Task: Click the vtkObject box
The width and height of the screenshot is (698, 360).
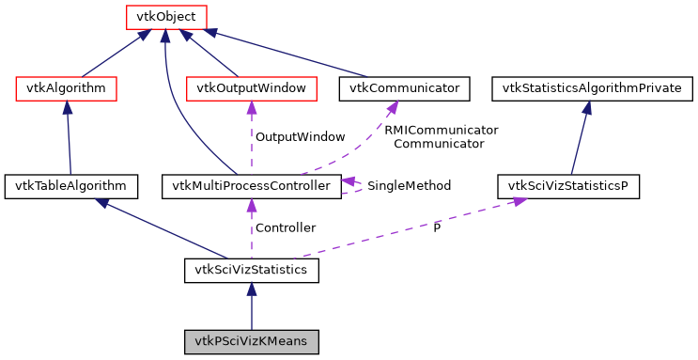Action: (x=165, y=16)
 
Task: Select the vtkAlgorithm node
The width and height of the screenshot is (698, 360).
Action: (x=67, y=88)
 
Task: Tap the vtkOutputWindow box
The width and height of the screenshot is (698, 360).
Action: (x=251, y=88)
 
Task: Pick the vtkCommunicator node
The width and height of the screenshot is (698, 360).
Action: (x=405, y=88)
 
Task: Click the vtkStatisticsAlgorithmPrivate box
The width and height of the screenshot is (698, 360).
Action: (x=593, y=88)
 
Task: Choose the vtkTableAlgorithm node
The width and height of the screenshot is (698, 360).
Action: (x=71, y=185)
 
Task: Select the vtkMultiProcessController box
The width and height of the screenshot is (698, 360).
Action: (x=251, y=185)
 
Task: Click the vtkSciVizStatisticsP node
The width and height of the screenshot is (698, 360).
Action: (x=567, y=185)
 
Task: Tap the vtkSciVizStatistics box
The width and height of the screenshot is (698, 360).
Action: (x=251, y=271)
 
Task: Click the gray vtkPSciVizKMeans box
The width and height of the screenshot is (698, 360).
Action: (x=251, y=340)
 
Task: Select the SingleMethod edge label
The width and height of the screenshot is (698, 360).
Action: (x=409, y=186)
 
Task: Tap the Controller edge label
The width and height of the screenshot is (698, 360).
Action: (x=286, y=227)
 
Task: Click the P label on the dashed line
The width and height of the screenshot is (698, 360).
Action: (x=436, y=227)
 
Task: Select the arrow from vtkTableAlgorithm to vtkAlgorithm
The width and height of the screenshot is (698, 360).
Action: (x=69, y=136)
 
